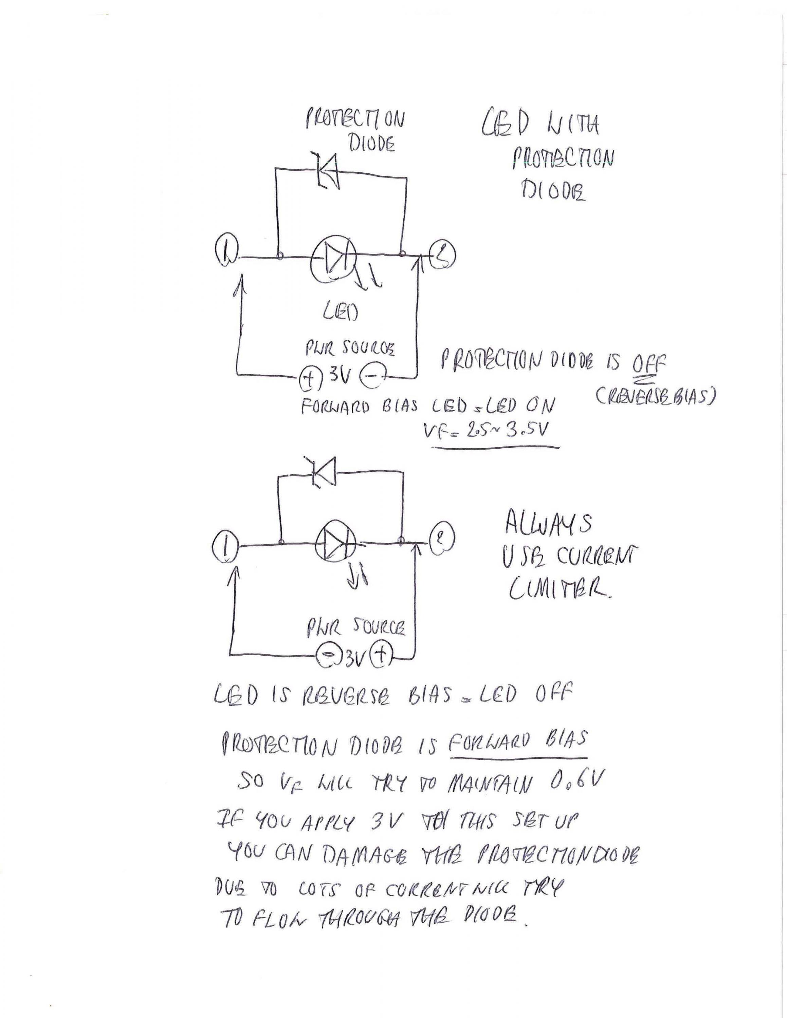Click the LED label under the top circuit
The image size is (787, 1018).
(x=340, y=312)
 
